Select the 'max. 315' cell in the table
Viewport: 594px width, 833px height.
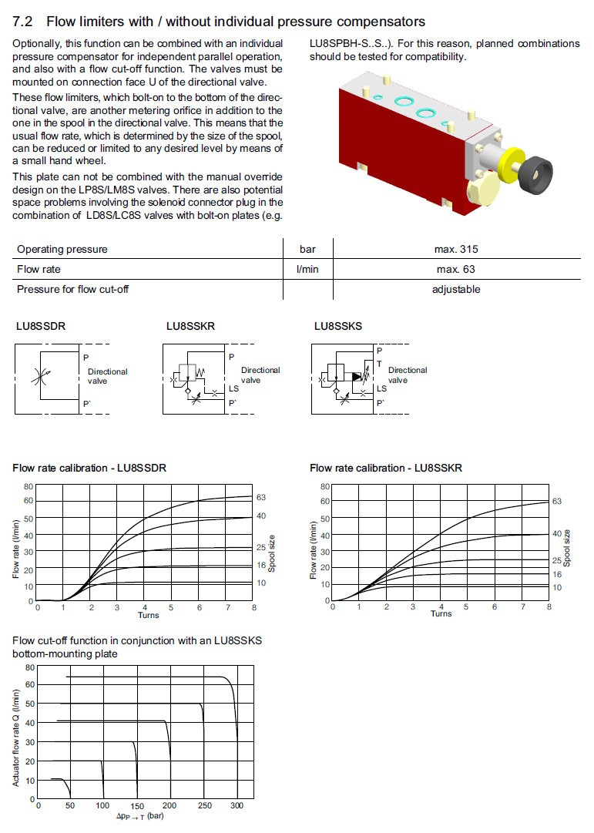[x=457, y=249]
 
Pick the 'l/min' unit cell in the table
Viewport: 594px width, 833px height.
[x=307, y=269]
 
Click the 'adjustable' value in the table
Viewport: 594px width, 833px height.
[x=456, y=289]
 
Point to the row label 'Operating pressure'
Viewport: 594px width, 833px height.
[x=62, y=249]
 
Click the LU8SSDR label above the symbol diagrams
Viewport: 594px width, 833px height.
[x=41, y=326]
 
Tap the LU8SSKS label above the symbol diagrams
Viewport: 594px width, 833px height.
[x=338, y=326]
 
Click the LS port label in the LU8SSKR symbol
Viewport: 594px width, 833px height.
[x=233, y=388]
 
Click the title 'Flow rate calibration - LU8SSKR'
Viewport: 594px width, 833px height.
[x=386, y=468]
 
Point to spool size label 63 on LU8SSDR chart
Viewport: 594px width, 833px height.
[x=261, y=497]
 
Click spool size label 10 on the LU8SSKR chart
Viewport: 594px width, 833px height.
[x=556, y=587]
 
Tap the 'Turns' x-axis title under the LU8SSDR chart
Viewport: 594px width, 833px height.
[x=148, y=615]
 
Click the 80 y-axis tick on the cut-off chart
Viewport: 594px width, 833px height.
[x=31, y=667]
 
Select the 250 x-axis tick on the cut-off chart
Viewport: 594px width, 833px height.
[x=203, y=806]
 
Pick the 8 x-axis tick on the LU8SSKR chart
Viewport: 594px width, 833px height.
[x=549, y=607]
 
